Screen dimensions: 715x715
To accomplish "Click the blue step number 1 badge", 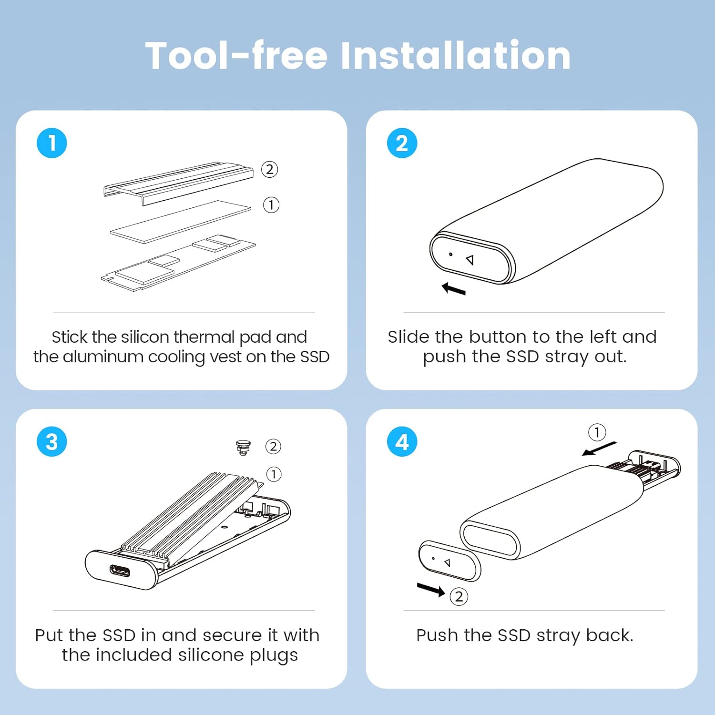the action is [52, 143].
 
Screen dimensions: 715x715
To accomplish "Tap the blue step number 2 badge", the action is [402, 143].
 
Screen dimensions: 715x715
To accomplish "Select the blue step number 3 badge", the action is [52, 441].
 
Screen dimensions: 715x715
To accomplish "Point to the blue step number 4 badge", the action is [402, 441].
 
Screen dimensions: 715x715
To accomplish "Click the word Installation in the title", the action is [455, 56].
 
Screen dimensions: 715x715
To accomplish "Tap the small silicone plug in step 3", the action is [243, 448].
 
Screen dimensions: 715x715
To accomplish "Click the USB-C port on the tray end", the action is [120, 571].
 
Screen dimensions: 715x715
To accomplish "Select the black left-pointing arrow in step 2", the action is [453, 288].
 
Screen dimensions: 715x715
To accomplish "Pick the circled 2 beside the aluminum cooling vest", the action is [270, 169].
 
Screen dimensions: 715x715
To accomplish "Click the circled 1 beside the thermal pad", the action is [271, 205].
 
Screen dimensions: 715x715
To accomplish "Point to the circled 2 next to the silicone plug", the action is [273, 447].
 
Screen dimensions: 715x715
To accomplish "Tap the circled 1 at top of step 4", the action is [597, 432].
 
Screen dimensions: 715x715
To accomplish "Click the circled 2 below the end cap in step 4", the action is [459, 596].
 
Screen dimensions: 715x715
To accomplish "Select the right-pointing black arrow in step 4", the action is [431, 590].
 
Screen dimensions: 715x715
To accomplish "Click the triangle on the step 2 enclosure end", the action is [470, 260].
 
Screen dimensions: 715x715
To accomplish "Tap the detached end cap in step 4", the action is [449, 561].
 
